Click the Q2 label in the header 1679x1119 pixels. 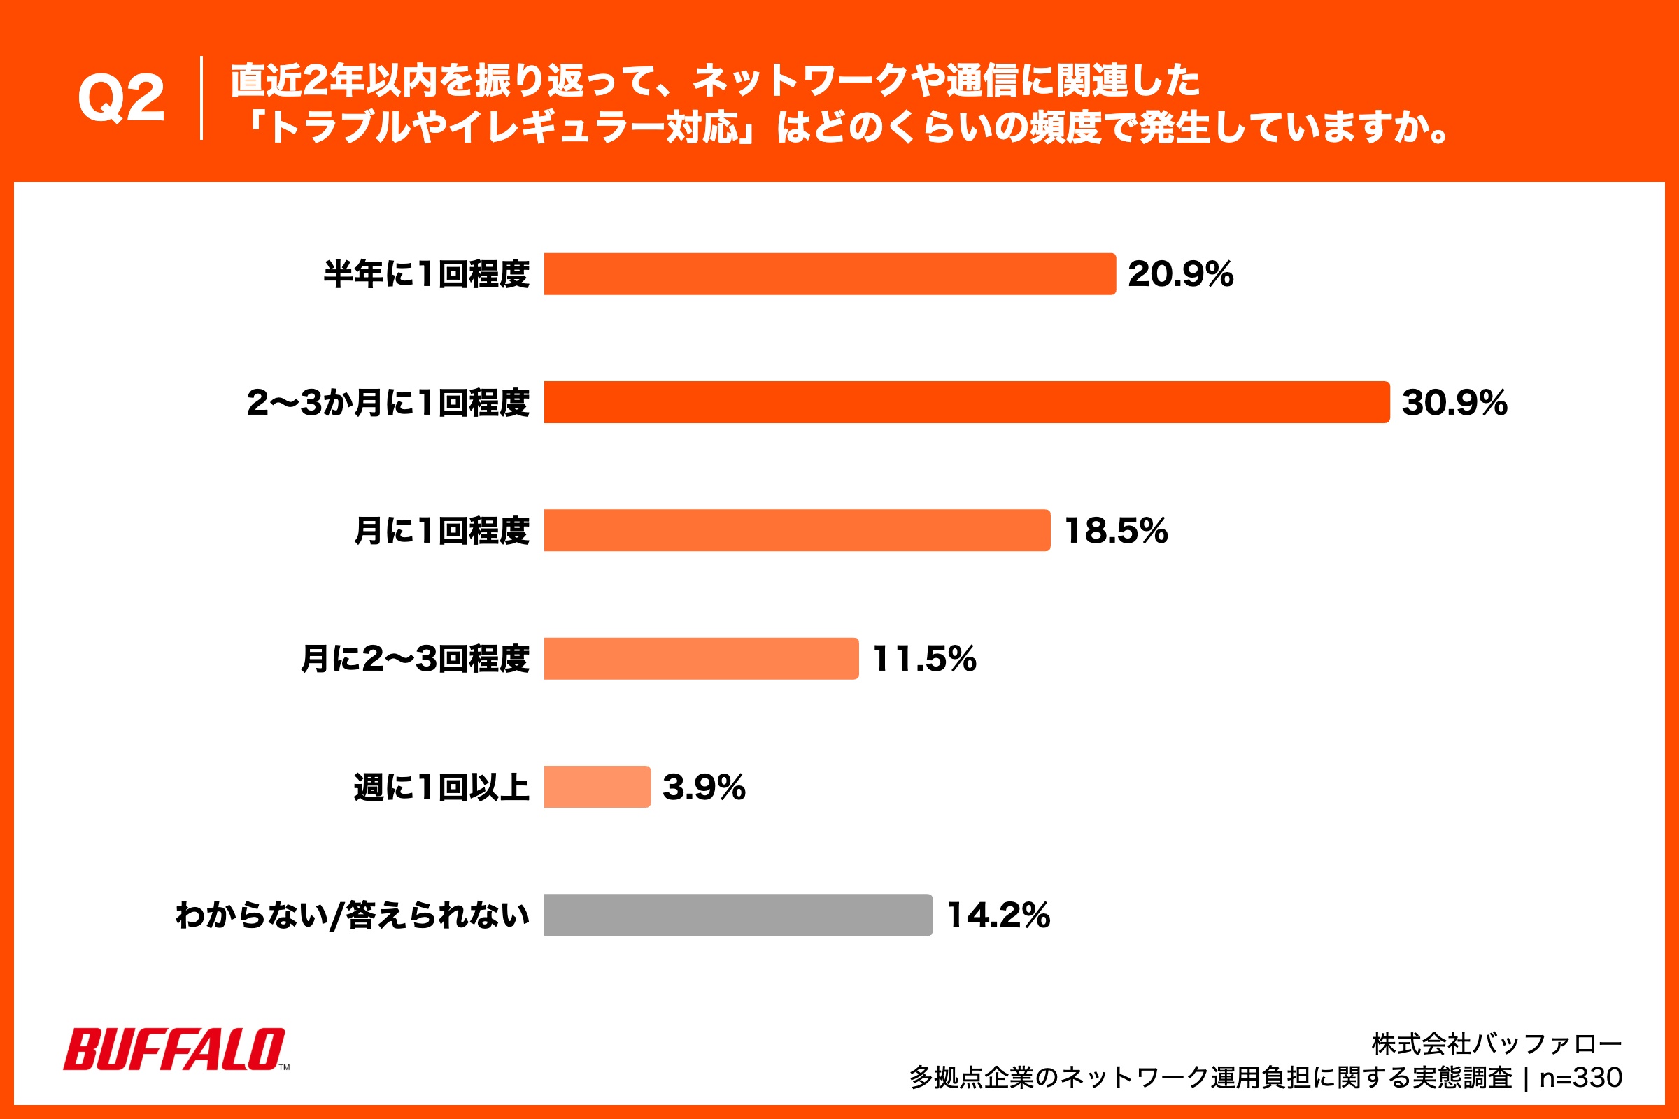coord(120,99)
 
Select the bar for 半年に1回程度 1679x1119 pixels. coord(829,274)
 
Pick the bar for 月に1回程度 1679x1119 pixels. coord(796,530)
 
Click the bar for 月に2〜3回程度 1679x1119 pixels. coord(700,659)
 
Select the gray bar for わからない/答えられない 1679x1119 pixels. coord(737,915)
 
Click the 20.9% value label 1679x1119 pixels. coord(1180,274)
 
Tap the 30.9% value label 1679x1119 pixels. coord(1454,403)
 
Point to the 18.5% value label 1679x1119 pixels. coord(1115,531)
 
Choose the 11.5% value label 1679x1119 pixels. coord(923,659)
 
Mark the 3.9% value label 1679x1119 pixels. coord(704,787)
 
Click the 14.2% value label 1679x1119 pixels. coord(998,915)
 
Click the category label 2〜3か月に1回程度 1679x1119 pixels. coord(388,403)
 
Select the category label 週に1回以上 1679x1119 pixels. coord(441,787)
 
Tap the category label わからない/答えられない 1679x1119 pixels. coord(352,915)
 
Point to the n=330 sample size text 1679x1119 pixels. coord(1580,1078)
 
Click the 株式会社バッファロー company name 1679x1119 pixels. coord(1496,1044)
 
